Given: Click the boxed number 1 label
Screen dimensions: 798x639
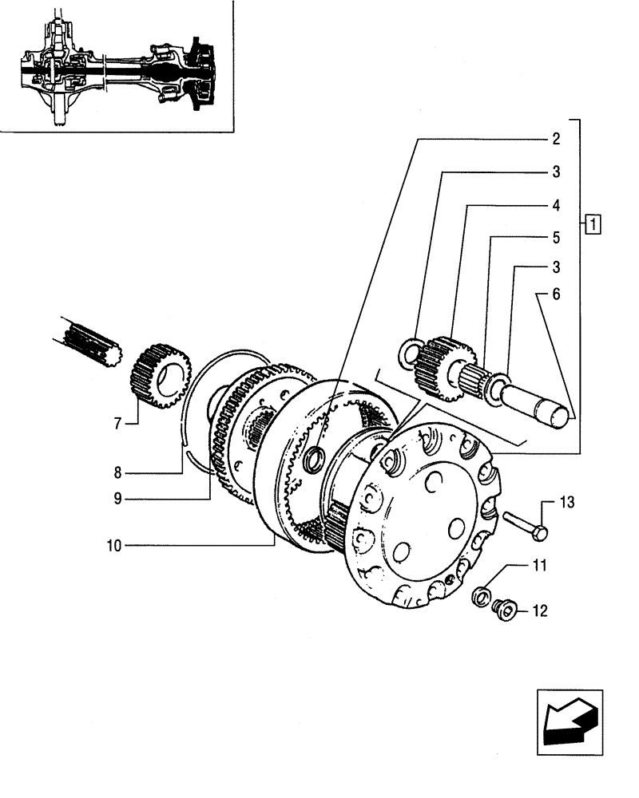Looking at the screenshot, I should [x=592, y=223].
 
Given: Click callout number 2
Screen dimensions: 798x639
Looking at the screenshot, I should [x=555, y=138].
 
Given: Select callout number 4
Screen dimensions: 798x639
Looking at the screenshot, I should [x=555, y=205].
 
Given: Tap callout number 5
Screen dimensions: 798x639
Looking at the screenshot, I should [x=555, y=238].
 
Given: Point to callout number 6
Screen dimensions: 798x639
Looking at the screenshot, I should [x=555, y=294].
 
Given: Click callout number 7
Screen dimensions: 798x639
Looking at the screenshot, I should [x=117, y=424].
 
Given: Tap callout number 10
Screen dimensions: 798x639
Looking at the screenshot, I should [x=112, y=546].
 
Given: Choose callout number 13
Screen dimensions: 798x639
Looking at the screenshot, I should [x=566, y=503].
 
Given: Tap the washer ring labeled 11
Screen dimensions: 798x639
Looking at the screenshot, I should [x=482, y=596].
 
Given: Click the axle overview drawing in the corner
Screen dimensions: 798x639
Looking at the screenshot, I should [x=116, y=68].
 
